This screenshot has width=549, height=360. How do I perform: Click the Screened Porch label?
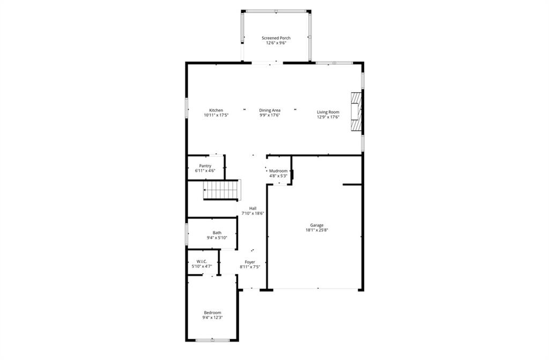[x=276, y=38]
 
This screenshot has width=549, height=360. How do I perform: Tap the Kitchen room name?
[x=216, y=110]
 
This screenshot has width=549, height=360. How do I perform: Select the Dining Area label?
[x=270, y=110]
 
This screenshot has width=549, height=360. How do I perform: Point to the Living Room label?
[x=328, y=112]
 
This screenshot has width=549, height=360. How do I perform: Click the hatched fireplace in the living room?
[x=356, y=111]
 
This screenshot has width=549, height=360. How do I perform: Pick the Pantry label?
[x=205, y=166]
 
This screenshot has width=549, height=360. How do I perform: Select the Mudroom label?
[x=278, y=171]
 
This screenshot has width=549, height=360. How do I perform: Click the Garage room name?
[x=316, y=226]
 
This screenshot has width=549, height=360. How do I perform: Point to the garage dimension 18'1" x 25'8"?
[x=316, y=230]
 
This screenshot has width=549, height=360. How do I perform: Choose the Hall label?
[x=253, y=208]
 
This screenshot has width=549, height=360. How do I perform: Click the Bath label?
[x=217, y=232]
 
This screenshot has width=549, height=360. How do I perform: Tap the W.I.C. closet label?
[x=202, y=261]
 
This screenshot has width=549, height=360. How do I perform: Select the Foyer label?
[x=250, y=262]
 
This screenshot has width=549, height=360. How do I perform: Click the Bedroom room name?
[x=212, y=313]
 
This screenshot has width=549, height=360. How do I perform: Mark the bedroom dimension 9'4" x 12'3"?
[x=212, y=318]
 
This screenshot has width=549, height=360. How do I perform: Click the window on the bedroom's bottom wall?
[x=212, y=340]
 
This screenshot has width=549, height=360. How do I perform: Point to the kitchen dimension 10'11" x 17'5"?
[x=216, y=115]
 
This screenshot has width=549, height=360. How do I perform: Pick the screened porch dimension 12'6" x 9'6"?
[x=276, y=43]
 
